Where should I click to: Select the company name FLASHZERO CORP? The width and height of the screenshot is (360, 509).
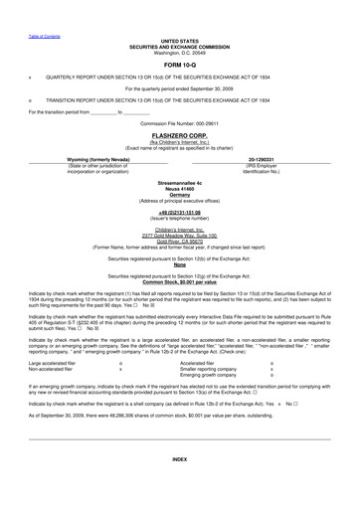179,134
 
